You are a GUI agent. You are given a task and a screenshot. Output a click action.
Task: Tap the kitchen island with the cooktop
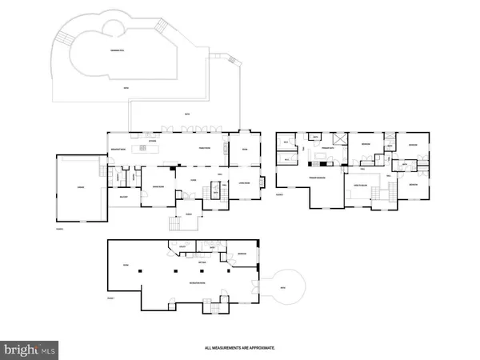point(150,149)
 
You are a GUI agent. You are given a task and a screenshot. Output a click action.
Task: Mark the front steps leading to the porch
point(174,225)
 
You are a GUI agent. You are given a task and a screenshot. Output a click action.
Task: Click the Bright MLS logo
point(31,349)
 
